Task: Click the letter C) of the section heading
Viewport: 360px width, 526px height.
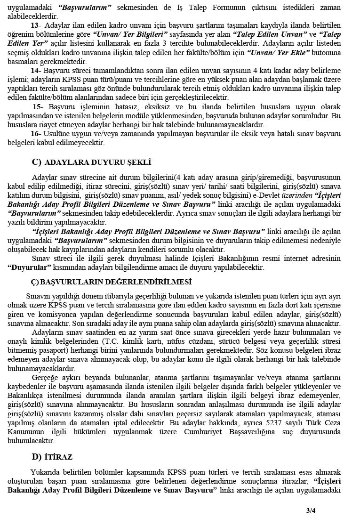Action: (37, 162)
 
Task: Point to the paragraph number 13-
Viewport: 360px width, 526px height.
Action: (35, 25)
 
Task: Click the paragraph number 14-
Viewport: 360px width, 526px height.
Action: (36, 70)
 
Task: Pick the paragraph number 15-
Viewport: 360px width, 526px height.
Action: (37, 107)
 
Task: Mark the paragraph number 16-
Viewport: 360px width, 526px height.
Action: (36, 134)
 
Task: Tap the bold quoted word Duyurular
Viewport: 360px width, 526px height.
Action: (29, 267)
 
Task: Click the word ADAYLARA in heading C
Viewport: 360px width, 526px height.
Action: (64, 162)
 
